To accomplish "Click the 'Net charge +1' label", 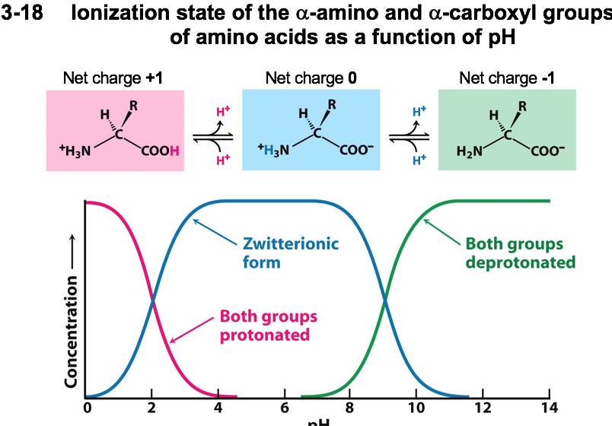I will click(115, 78).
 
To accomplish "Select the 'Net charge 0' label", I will click(311, 78).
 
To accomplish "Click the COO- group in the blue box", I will click(355, 151).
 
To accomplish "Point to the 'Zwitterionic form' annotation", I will click(290, 254).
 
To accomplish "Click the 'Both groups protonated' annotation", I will click(269, 325).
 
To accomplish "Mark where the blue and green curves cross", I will click(384, 299).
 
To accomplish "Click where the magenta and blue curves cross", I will click(152, 299).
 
